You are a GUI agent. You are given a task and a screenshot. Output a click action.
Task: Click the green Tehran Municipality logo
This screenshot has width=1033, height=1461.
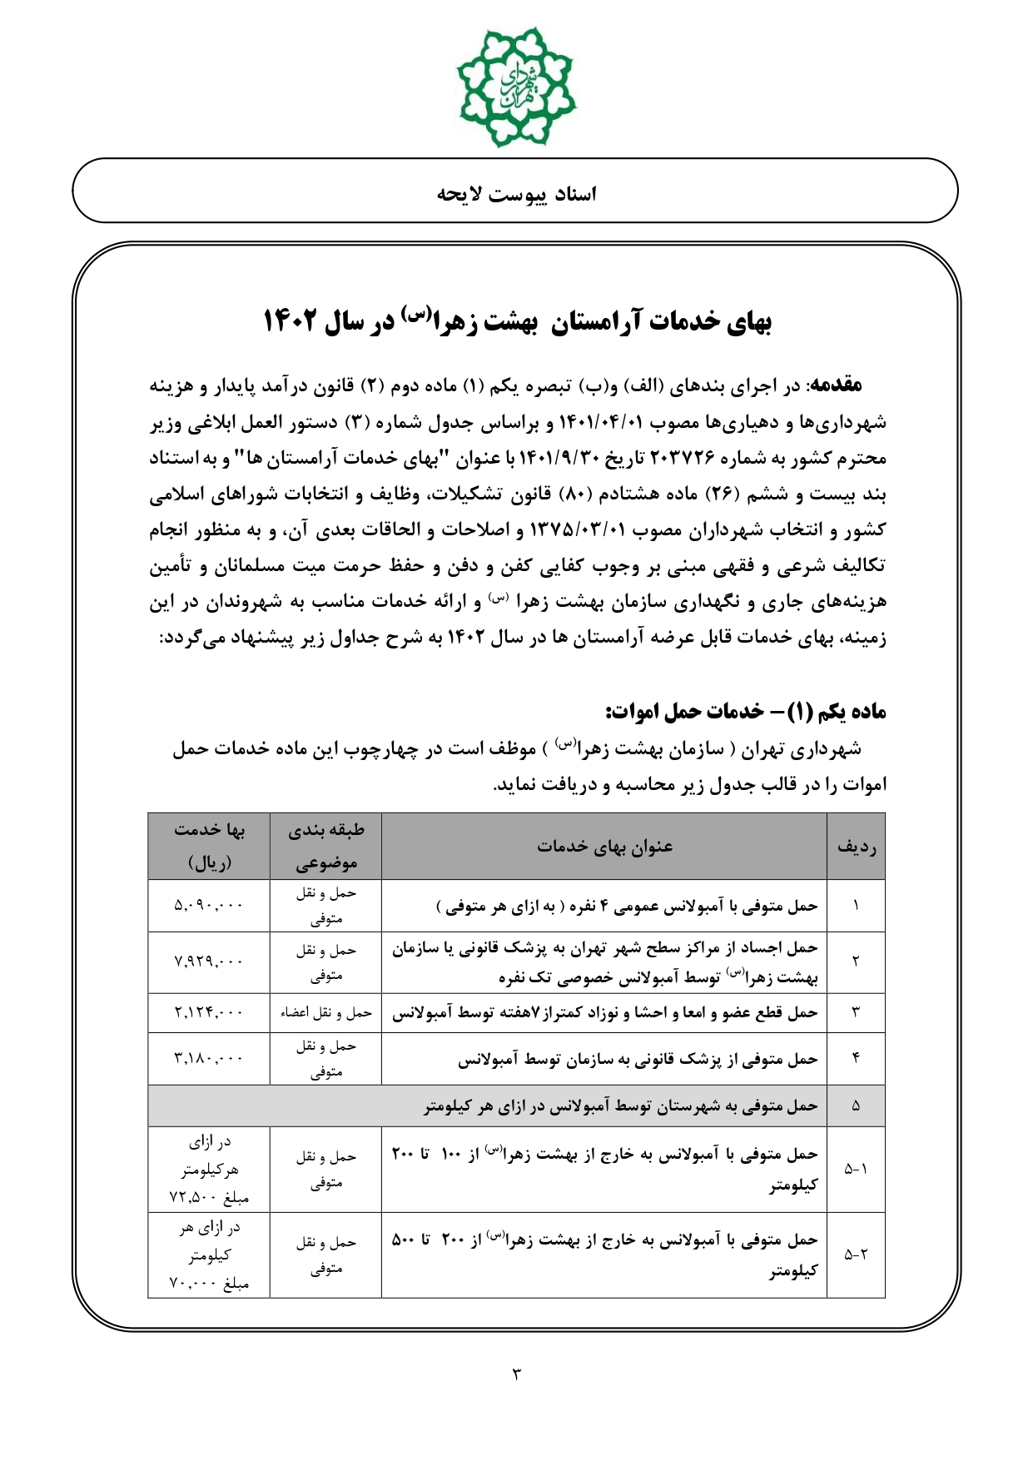tap(516, 86)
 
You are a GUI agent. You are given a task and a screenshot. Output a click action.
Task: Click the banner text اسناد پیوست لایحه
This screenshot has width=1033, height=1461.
tap(517, 194)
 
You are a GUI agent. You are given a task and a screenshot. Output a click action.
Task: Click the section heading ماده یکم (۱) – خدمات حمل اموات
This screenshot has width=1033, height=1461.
tap(746, 711)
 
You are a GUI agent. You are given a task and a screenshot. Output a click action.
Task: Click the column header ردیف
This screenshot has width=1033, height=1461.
tap(856, 847)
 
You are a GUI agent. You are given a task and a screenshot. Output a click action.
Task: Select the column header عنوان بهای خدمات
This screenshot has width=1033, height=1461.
tap(604, 847)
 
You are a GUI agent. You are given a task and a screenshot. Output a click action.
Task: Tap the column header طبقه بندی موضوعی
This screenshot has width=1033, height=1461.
tap(325, 847)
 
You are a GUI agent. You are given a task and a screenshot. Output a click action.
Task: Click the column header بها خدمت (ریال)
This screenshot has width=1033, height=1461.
tap(209, 847)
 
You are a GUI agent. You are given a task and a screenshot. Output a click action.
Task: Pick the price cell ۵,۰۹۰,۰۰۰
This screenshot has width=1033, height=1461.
tap(209, 906)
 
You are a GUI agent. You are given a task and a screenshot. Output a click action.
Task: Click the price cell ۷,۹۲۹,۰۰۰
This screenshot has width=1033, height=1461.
tap(209, 962)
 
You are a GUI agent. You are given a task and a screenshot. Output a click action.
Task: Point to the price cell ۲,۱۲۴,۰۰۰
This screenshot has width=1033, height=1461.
tap(209, 1013)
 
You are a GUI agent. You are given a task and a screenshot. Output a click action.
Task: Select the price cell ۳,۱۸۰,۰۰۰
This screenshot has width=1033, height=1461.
tap(209, 1059)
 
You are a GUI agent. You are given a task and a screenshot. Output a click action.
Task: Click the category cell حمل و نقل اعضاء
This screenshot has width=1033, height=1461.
tap(325, 1013)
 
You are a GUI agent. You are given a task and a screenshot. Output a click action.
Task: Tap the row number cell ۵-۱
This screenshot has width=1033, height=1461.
tap(856, 1169)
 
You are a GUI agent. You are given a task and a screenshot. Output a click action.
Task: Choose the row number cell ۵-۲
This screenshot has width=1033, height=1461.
tap(856, 1255)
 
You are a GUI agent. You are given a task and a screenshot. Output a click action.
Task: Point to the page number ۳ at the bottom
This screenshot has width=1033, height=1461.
tap(516, 1374)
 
